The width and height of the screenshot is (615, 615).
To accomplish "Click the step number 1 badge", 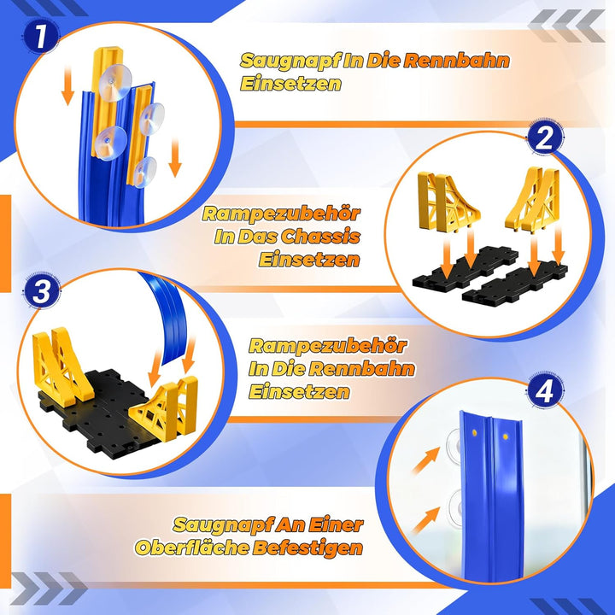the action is point(40,37).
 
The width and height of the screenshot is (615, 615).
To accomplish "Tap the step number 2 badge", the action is point(544,138).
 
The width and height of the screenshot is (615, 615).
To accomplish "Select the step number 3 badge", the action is point(42,292).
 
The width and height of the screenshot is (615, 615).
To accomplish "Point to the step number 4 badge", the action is point(544,390).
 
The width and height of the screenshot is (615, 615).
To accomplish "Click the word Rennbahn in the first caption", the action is point(456,61).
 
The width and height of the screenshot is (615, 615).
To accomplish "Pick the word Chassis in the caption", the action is point(320,237).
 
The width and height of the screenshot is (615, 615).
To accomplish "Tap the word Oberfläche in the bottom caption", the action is point(192,548).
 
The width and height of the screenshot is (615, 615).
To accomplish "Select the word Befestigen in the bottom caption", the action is point(307,548).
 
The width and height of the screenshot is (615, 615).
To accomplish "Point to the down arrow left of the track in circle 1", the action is point(67,85).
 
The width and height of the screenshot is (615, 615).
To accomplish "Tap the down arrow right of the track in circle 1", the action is point(175,158).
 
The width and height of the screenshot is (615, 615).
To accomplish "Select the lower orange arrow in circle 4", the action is point(426,519).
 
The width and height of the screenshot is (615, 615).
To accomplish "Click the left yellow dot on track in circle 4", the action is point(474,432).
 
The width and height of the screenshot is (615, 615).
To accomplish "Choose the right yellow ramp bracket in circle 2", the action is point(534,200).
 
